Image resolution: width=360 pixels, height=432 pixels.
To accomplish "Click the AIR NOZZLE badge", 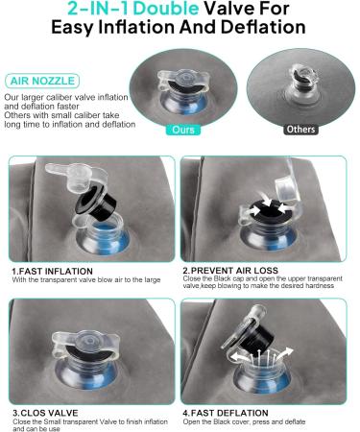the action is tap(42, 81).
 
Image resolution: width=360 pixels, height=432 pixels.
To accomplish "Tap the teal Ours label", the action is tap(183, 130).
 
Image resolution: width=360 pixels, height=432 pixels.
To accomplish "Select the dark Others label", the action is tap(300, 130).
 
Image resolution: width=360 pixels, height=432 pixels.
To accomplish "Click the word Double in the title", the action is tap(166, 9).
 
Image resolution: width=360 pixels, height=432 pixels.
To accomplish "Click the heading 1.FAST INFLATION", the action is tap(52, 272).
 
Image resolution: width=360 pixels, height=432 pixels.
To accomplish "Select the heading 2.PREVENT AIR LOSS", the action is tap(230, 271).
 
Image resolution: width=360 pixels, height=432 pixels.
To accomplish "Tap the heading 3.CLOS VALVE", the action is tap(45, 413).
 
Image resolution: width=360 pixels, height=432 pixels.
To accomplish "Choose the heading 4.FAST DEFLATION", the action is tap(226, 413).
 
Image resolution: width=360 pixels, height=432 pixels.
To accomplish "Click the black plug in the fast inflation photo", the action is tap(94, 204).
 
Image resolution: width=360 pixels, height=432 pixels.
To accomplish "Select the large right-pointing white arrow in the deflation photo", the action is tap(285, 353).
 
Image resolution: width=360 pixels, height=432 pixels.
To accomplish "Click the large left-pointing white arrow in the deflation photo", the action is tap(238, 355).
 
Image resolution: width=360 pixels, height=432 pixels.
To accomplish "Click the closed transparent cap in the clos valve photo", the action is tap(85, 344).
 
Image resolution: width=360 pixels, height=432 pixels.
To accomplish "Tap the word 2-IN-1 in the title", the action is tap(98, 9).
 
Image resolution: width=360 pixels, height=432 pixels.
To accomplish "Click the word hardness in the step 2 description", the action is tap(320, 285).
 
